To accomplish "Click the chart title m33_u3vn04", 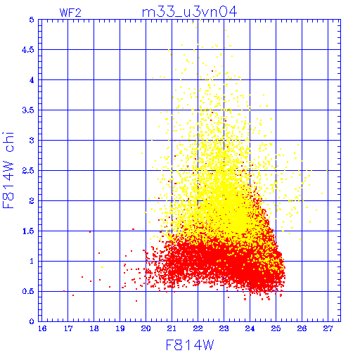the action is click(x=189, y=12).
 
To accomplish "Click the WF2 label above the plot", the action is click(x=70, y=13).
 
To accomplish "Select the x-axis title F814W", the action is click(x=190, y=345).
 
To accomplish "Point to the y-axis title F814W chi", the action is click(x=8, y=170).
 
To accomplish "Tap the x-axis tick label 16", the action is click(x=42, y=328).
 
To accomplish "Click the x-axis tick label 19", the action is click(x=120, y=328).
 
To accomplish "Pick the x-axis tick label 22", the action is click(x=198, y=328).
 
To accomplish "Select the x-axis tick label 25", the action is click(x=276, y=328).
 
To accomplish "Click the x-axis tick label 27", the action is click(x=328, y=328).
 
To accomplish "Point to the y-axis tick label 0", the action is click(x=32, y=321).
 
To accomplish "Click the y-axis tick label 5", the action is click(x=32, y=20).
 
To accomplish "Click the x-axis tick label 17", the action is click(x=68, y=328).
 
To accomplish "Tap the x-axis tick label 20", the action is click(x=146, y=328).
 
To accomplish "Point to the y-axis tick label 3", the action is click(x=32, y=141).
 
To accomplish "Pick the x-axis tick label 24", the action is click(x=250, y=328).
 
